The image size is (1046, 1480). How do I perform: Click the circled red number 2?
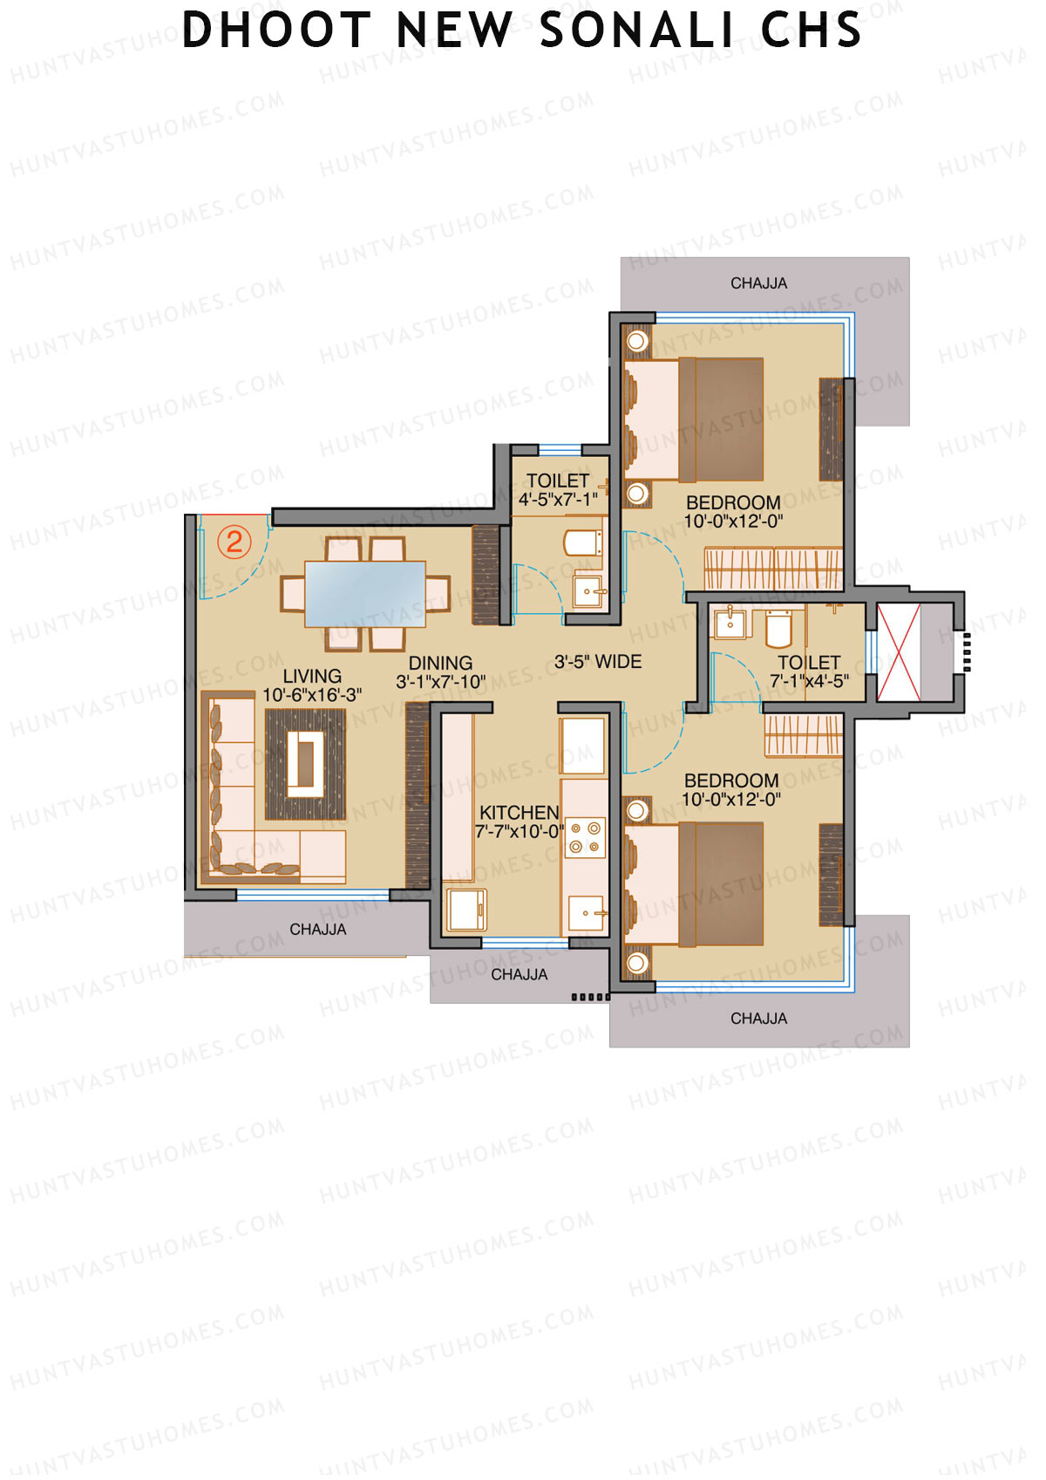pos(234,542)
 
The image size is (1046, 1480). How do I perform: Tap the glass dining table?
pos(364,594)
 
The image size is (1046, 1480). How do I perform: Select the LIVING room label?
pos(312,676)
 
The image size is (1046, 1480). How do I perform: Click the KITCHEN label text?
pos(519,812)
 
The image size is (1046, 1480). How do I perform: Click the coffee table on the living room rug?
pos(306,764)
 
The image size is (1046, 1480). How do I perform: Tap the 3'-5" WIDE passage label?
pos(598,662)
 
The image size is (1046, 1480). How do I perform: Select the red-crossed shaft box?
pos(898,651)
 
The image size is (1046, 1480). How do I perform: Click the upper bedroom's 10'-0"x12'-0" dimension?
pos(733,522)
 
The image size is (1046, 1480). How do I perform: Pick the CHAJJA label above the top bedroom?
pos(758,283)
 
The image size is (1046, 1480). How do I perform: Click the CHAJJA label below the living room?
pos(317,930)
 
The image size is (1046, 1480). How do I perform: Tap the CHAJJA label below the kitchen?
pos(519,974)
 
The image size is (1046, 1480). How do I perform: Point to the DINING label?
pos(440,663)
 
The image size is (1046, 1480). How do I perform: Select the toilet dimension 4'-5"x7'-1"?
pos(558,500)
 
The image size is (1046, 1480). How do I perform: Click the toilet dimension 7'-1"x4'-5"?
pos(809,681)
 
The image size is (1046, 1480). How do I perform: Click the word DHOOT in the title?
pos(276,31)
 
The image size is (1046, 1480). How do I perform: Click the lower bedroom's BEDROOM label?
pos(731,781)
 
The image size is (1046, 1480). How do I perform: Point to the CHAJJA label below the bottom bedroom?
pos(758,1019)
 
